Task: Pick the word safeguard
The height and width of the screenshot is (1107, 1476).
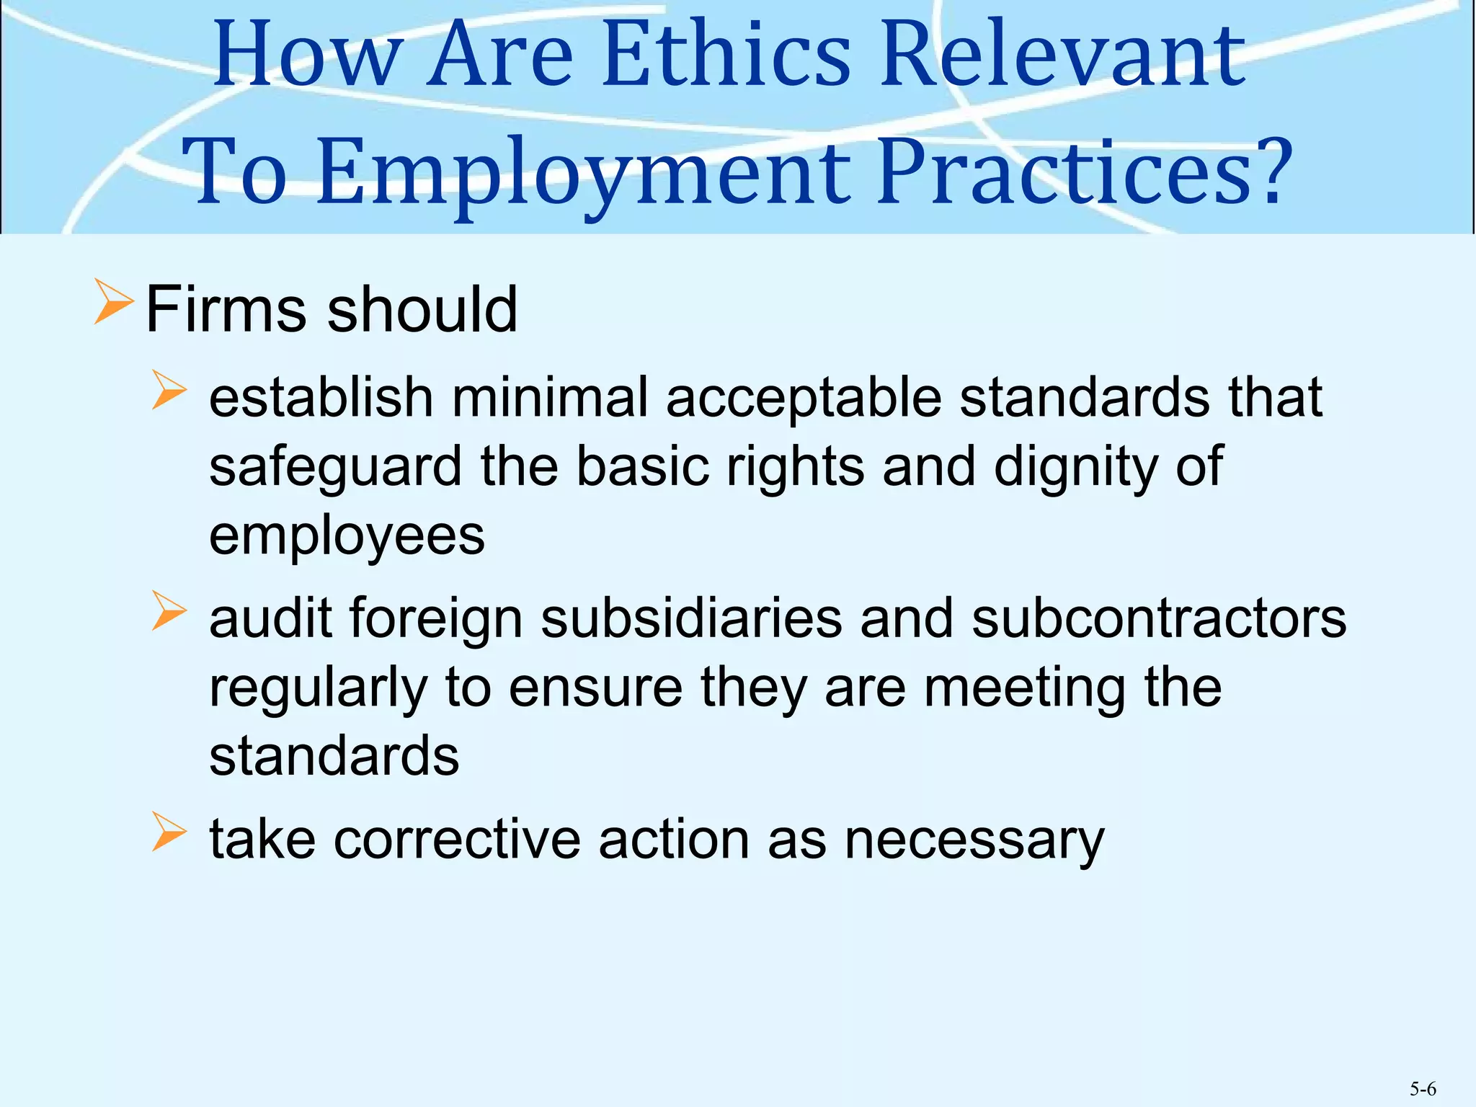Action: (x=335, y=468)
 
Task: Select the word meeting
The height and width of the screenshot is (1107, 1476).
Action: (x=1024, y=688)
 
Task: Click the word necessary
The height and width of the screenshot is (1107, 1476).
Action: (x=974, y=841)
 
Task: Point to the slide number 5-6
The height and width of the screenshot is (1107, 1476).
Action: (x=1423, y=1089)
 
